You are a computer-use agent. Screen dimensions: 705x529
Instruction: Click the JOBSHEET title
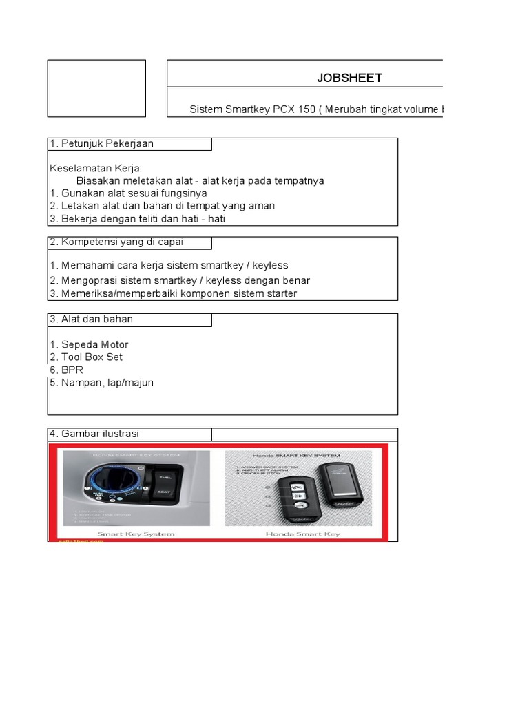349,78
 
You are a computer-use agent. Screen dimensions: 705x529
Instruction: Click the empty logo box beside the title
96,88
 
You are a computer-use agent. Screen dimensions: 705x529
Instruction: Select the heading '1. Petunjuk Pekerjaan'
101,144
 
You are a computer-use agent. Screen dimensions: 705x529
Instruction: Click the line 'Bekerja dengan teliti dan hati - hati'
137,219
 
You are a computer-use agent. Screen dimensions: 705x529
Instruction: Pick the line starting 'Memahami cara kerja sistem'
168,265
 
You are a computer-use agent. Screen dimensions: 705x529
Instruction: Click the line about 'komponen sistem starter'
173,293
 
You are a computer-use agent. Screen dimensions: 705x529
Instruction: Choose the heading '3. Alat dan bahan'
91,319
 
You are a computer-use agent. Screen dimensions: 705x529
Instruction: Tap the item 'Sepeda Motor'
89,344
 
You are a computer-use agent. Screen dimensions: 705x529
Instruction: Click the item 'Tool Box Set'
86,357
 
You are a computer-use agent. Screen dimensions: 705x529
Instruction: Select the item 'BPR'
66,370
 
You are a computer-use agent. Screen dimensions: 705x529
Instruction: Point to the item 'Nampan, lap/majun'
101,382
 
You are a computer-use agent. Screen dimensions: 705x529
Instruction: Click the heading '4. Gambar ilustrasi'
94,434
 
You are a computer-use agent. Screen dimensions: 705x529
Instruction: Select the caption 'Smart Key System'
136,533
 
